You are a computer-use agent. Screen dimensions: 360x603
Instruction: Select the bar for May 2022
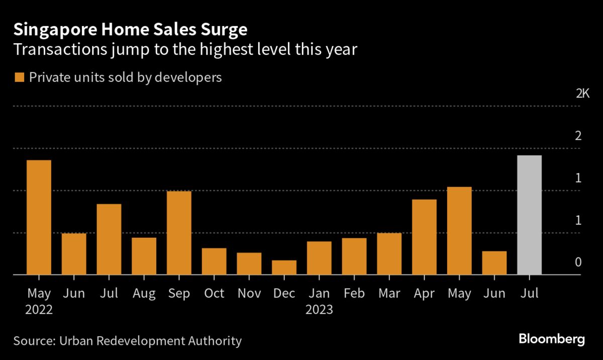point(39,217)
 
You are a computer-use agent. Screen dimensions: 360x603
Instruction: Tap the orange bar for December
point(284,267)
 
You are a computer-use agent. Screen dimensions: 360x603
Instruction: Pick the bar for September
point(179,233)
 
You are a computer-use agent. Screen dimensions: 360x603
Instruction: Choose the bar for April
point(424,237)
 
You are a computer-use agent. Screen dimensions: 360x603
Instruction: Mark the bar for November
point(249,263)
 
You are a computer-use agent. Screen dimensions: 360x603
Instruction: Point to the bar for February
point(354,256)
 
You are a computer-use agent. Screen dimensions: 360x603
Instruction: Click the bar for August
point(144,256)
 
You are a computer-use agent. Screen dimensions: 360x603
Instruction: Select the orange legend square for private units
point(20,77)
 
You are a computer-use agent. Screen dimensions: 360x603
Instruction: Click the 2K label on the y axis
point(582,94)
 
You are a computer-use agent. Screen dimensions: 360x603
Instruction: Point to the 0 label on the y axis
point(578,262)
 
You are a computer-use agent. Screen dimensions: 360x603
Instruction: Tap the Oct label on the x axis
point(214,294)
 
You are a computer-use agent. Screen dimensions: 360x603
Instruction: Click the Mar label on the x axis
point(389,294)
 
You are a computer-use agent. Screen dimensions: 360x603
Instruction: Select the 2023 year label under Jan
point(319,310)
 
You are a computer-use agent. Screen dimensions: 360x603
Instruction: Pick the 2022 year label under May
point(39,310)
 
